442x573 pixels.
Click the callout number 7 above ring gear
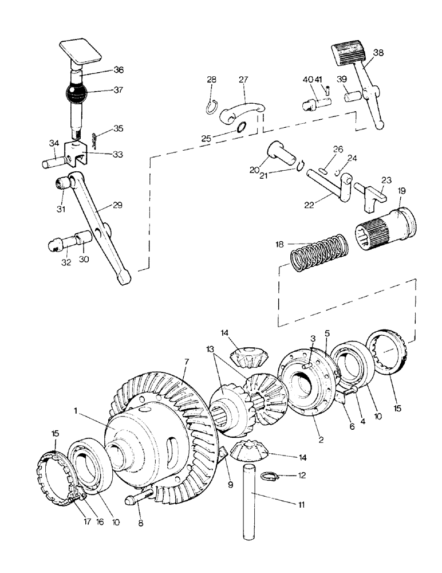(x=186, y=363)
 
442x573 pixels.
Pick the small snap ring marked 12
(x=269, y=475)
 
